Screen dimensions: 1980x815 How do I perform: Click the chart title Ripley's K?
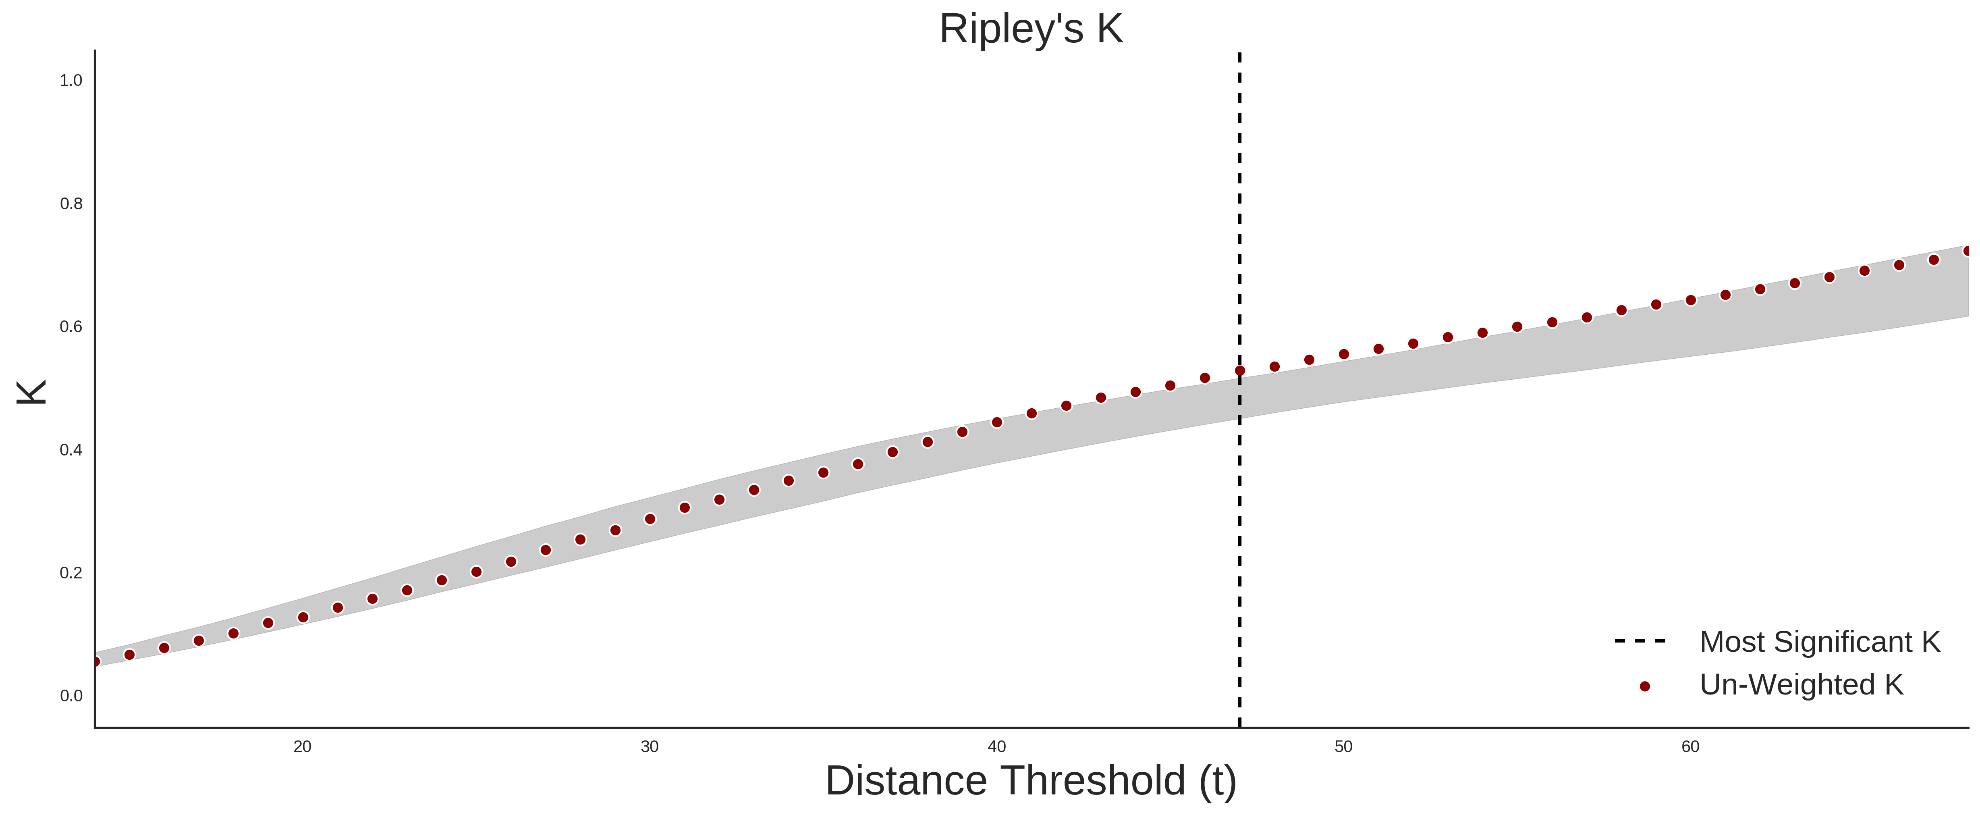click(1031, 29)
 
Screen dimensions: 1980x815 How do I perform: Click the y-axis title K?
click(31, 392)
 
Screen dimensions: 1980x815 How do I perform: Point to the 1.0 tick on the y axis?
click(71, 81)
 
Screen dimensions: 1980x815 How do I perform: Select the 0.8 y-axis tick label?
click(71, 204)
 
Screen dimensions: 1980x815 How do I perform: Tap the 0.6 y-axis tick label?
click(71, 327)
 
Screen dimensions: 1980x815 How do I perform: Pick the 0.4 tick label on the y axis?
click(71, 450)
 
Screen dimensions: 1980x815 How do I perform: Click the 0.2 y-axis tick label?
click(71, 573)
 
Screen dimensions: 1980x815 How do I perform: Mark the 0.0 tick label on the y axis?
click(71, 696)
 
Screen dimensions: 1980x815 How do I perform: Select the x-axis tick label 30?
click(650, 746)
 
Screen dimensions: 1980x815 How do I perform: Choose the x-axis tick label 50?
click(1343, 746)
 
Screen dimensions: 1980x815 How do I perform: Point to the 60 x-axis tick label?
click(1690, 746)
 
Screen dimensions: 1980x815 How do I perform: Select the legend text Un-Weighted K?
click(1802, 684)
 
